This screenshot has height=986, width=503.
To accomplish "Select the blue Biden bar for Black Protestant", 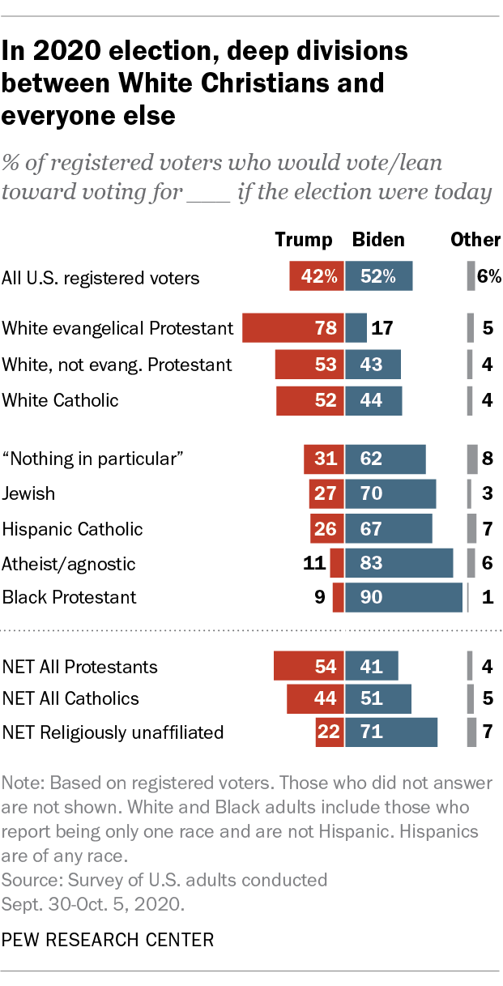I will [403, 598].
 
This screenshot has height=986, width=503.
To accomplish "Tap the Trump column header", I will [304, 240].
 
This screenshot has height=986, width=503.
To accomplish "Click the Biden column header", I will [378, 240].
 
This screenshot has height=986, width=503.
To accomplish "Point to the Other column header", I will [475, 240].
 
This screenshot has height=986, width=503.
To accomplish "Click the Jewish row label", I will [29, 493].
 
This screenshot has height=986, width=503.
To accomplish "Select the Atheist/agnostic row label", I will [69, 563].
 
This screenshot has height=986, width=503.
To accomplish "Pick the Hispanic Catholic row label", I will [72, 529].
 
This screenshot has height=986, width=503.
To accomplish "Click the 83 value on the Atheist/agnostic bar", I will [373, 563].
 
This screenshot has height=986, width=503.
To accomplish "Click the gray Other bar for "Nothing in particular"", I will [472, 459].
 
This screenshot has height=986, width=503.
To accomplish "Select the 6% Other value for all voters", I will [489, 277].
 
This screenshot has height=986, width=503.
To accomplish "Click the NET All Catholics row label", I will [70, 698].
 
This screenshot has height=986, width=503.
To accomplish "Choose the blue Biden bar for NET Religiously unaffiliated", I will [391, 732].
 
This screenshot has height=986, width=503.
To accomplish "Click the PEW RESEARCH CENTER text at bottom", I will [109, 940].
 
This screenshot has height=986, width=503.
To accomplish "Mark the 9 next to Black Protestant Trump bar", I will [319, 598].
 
